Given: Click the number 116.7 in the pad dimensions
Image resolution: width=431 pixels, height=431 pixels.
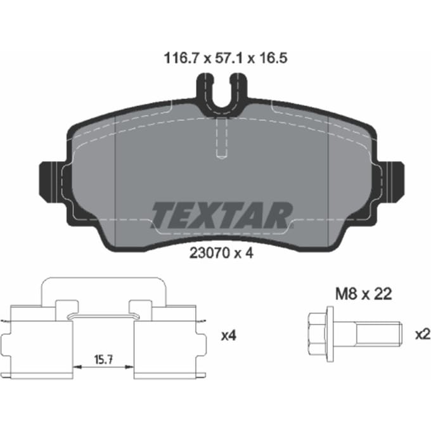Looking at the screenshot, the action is [181, 58].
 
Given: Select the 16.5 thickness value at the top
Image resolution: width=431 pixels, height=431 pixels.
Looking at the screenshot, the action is [274, 58].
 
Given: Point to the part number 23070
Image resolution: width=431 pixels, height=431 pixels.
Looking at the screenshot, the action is [209, 253].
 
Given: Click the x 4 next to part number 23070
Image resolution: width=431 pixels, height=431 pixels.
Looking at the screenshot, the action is [244, 253].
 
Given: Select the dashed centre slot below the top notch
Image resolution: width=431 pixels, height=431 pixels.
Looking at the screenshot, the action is [222, 138].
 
